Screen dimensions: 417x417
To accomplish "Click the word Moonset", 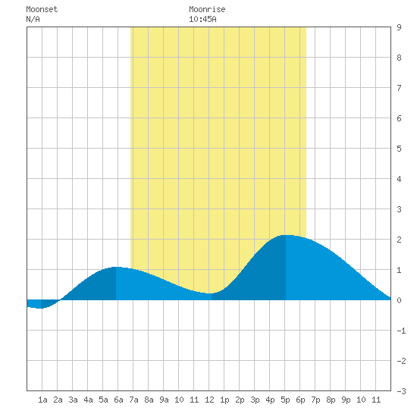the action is (42, 9).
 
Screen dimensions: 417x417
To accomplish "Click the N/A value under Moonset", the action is (33, 19).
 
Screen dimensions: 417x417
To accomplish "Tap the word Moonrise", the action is (207, 9).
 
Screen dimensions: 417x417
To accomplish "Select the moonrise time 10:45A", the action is (202, 19).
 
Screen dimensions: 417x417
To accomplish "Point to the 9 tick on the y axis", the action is (399, 27).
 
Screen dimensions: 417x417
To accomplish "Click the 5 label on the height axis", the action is (399, 149).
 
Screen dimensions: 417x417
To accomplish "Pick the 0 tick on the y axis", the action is (399, 300).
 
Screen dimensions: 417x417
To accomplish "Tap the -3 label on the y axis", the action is (401, 391).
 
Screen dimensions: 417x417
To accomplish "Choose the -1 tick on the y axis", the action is (401, 331).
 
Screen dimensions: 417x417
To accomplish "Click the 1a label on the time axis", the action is (42, 400).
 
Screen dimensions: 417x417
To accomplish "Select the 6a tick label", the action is (118, 400).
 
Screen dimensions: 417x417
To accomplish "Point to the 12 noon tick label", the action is (209, 400).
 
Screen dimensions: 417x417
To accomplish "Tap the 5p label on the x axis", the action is (285, 400).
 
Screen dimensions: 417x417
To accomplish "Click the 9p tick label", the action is (346, 400).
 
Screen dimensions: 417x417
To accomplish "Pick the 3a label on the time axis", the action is (73, 400).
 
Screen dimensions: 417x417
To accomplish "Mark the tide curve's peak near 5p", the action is (287, 235).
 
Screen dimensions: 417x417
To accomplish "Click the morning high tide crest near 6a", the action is (116, 267).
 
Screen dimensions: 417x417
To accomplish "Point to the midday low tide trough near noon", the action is (210, 293).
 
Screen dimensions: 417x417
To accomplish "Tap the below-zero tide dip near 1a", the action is (39, 308).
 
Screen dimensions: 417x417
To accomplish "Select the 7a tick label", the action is (133, 400).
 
